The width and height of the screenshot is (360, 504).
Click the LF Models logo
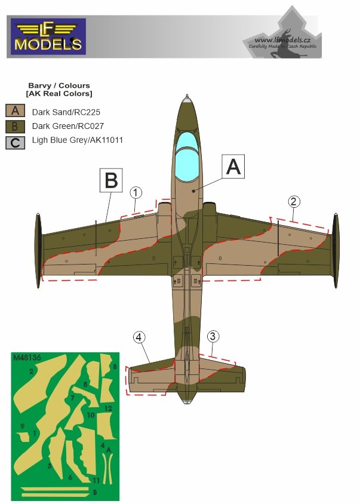(48, 36)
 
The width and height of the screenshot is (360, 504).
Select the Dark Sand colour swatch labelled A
(15, 110)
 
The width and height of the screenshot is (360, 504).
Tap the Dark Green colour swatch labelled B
(15, 126)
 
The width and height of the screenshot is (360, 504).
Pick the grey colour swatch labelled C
(15, 142)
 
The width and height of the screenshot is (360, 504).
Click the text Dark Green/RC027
(62, 126)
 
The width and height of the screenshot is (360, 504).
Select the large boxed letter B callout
(111, 180)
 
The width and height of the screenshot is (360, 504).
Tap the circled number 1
(137, 192)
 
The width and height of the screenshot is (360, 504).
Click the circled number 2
(293, 201)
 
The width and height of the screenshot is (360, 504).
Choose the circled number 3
(213, 336)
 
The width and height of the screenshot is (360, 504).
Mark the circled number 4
(139, 337)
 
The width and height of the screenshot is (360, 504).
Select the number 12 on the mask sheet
(107, 408)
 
